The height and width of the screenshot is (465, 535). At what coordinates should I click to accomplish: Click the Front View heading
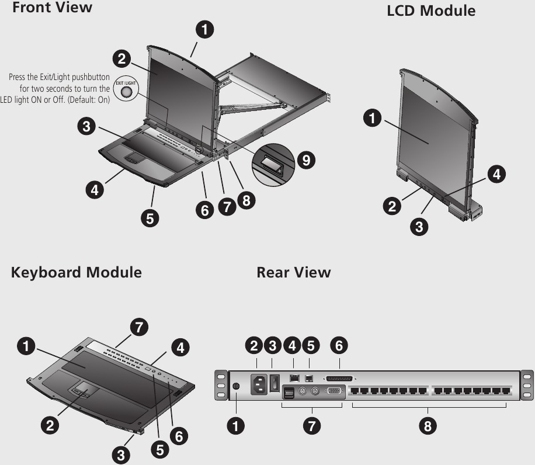[x=52, y=8]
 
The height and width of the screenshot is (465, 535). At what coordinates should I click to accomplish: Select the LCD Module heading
[x=431, y=11]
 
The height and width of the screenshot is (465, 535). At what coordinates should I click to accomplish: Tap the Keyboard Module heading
[x=76, y=272]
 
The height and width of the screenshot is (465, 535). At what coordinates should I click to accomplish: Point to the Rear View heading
[x=293, y=272]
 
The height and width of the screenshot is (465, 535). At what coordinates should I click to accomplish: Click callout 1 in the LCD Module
[x=370, y=119]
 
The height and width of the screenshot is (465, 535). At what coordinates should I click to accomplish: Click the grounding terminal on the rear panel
[x=236, y=387]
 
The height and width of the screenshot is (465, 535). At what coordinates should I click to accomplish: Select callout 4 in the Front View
[x=93, y=189]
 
